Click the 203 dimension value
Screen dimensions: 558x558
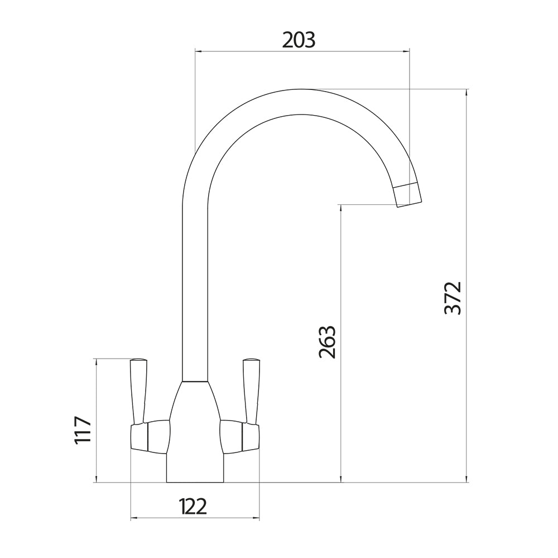point(299,40)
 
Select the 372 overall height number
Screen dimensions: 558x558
point(453,298)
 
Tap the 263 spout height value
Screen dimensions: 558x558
point(328,341)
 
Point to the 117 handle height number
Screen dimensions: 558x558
point(83,430)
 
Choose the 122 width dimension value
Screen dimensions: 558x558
point(193,507)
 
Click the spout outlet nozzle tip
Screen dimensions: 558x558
point(409,195)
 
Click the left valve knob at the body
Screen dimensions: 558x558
point(150,436)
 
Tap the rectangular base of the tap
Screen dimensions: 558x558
point(195,472)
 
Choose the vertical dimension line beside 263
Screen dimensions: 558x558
point(340,419)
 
